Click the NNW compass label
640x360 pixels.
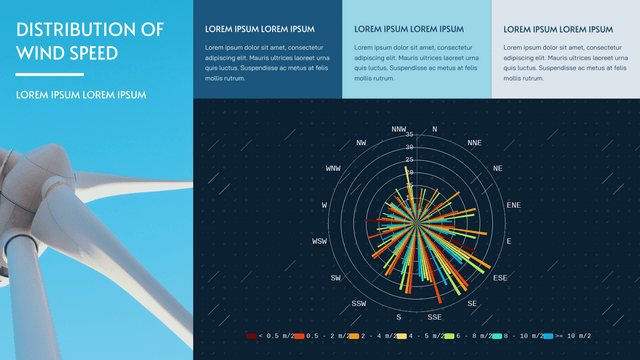click(x=399, y=129)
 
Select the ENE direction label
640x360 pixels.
click(x=514, y=205)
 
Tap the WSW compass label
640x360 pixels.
click(x=319, y=241)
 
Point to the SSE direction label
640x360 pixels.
click(x=434, y=316)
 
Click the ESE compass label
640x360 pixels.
click(x=500, y=277)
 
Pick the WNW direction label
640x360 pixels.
click(x=333, y=168)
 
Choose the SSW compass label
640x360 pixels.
click(x=359, y=303)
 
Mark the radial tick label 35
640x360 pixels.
click(x=410, y=135)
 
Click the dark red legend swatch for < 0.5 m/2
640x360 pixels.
click(x=251, y=336)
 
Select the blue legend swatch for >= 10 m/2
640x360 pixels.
click(x=548, y=336)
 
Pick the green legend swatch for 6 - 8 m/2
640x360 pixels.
click(x=449, y=336)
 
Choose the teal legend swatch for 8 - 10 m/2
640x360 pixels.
click(x=498, y=336)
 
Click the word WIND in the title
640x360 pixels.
click(x=41, y=52)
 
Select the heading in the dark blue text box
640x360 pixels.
click(x=259, y=29)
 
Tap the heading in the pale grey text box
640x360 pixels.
click(x=558, y=30)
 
